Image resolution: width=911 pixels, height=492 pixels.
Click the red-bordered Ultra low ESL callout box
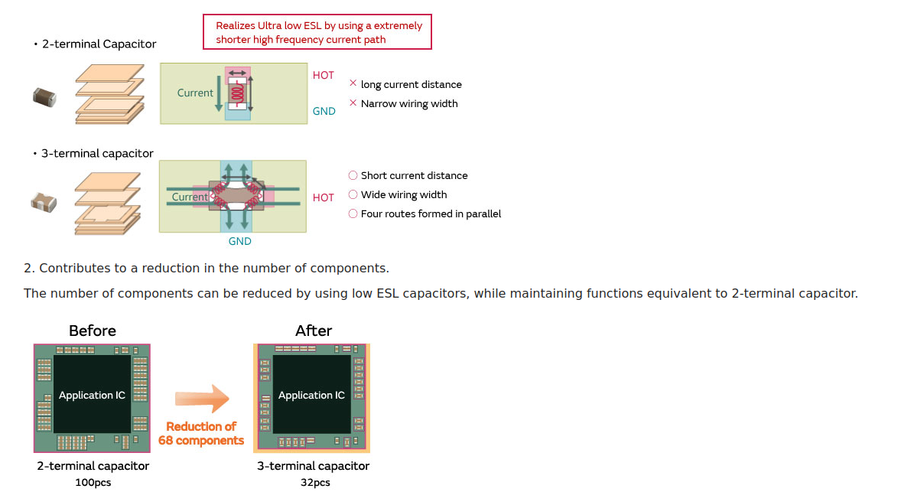[x=317, y=32]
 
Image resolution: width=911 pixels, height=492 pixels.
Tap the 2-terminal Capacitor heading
[x=99, y=44]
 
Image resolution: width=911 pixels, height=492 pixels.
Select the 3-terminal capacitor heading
[x=97, y=154]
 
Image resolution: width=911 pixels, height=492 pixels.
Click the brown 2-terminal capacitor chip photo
[x=44, y=96]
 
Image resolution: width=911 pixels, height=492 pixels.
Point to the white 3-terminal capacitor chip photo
[x=44, y=202]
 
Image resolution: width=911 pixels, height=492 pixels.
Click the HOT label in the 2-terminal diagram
[x=324, y=76]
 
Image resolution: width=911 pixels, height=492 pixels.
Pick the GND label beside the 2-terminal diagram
[x=324, y=112]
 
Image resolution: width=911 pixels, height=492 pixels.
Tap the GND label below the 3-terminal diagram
[x=239, y=242]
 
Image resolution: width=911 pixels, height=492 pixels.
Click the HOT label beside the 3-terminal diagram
[x=324, y=198]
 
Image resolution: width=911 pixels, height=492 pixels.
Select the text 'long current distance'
[x=412, y=85]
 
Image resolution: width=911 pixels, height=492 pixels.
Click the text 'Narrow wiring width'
[x=409, y=104]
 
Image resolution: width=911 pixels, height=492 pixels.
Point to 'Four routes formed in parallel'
[x=431, y=214]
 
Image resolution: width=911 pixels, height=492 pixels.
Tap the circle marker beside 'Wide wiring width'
[x=353, y=195]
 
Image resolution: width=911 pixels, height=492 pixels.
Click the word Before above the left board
[x=93, y=331]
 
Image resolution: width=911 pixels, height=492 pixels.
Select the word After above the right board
[x=314, y=331]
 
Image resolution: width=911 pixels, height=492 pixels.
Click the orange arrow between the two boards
[x=202, y=399]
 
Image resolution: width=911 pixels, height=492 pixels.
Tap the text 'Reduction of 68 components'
[x=201, y=434]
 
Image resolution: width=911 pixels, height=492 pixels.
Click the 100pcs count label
[x=93, y=483]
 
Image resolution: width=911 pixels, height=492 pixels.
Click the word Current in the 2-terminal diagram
[x=195, y=93]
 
